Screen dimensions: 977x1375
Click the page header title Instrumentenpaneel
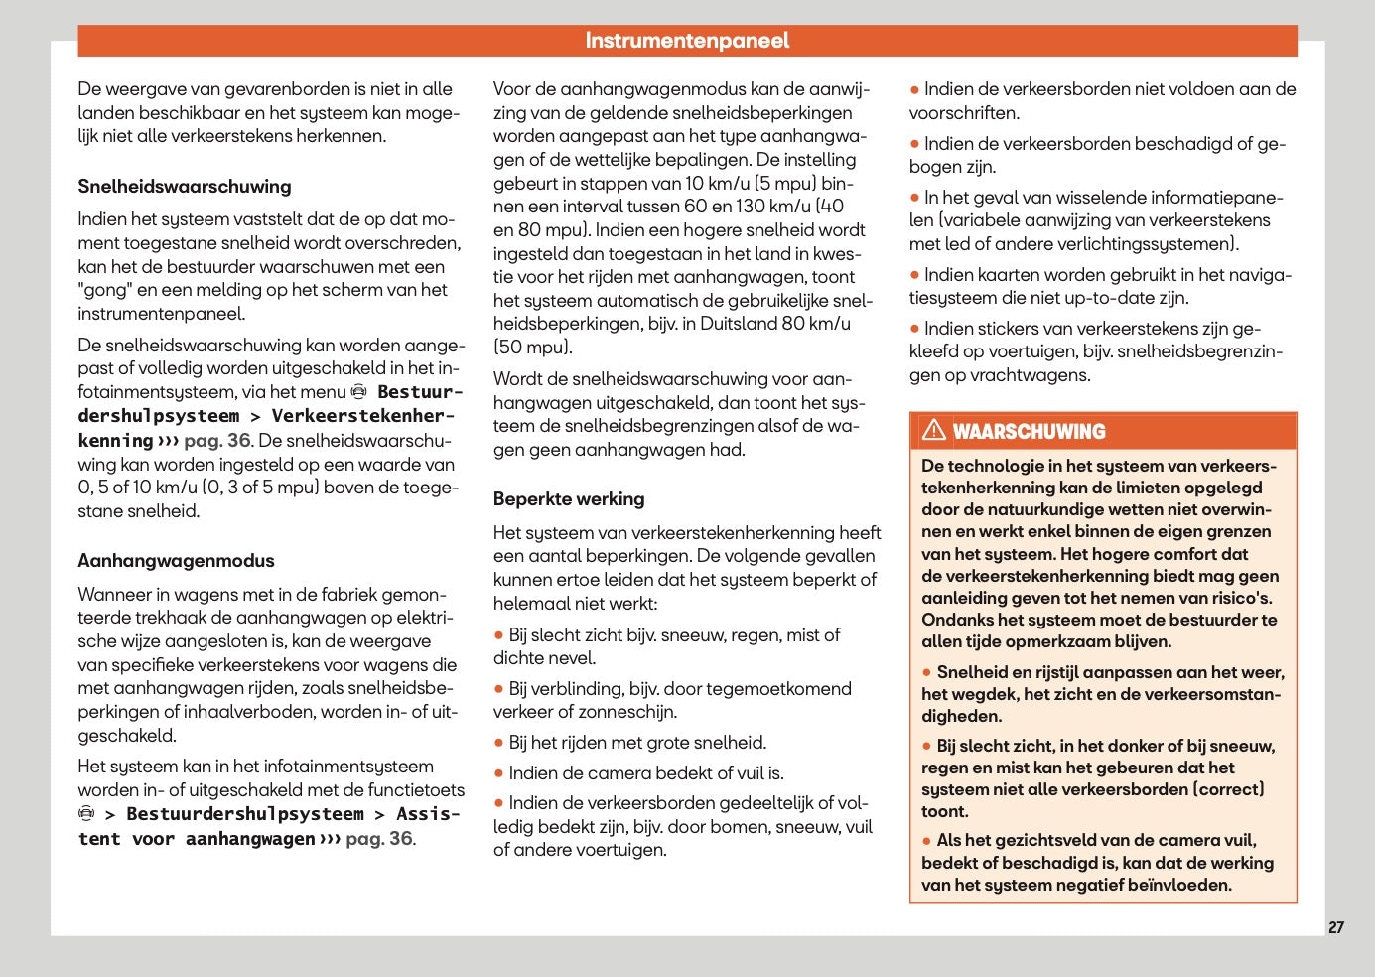[x=687, y=41]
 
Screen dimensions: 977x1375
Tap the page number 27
[x=1335, y=927]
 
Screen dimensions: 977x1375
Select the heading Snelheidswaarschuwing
[x=185, y=187]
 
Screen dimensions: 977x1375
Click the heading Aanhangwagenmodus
[x=176, y=561]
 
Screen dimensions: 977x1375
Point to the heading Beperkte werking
[x=569, y=499]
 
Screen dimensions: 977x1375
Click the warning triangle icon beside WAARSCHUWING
[x=933, y=430]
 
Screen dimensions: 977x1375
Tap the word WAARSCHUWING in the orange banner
[x=1029, y=432]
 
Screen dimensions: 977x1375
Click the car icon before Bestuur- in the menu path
[x=359, y=392]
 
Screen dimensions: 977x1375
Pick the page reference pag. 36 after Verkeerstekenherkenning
[x=217, y=441]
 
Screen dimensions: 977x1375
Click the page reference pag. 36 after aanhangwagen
[x=379, y=839]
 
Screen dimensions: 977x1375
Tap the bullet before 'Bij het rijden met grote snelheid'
[x=499, y=744]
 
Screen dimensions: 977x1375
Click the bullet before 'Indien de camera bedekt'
[x=499, y=773]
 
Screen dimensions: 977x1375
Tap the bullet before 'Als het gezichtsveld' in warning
[x=927, y=841]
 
